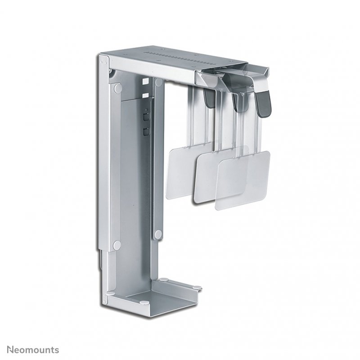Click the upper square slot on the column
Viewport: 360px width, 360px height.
coord(145,82)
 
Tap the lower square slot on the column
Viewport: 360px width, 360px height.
coord(145,95)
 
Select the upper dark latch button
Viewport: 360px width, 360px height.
coord(145,117)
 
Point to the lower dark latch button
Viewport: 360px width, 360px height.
coord(145,131)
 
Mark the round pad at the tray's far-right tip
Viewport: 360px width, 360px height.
coord(198,285)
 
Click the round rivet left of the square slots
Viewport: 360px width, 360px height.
coord(117,88)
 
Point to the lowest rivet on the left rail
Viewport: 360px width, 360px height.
coord(117,245)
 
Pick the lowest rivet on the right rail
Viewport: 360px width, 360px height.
coord(158,234)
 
